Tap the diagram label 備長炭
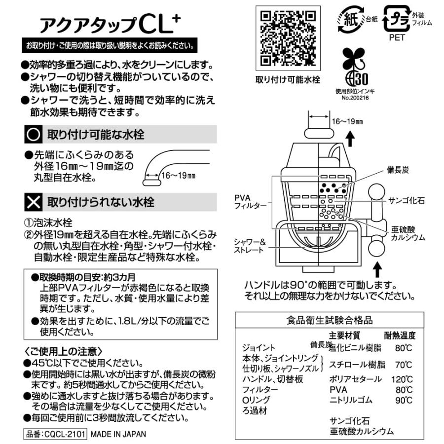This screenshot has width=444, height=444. (398, 170)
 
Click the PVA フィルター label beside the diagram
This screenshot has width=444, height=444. (247, 201)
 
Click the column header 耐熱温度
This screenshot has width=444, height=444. (400, 336)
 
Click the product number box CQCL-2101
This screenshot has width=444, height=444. (55, 435)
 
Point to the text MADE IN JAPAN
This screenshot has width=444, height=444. (118, 435)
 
